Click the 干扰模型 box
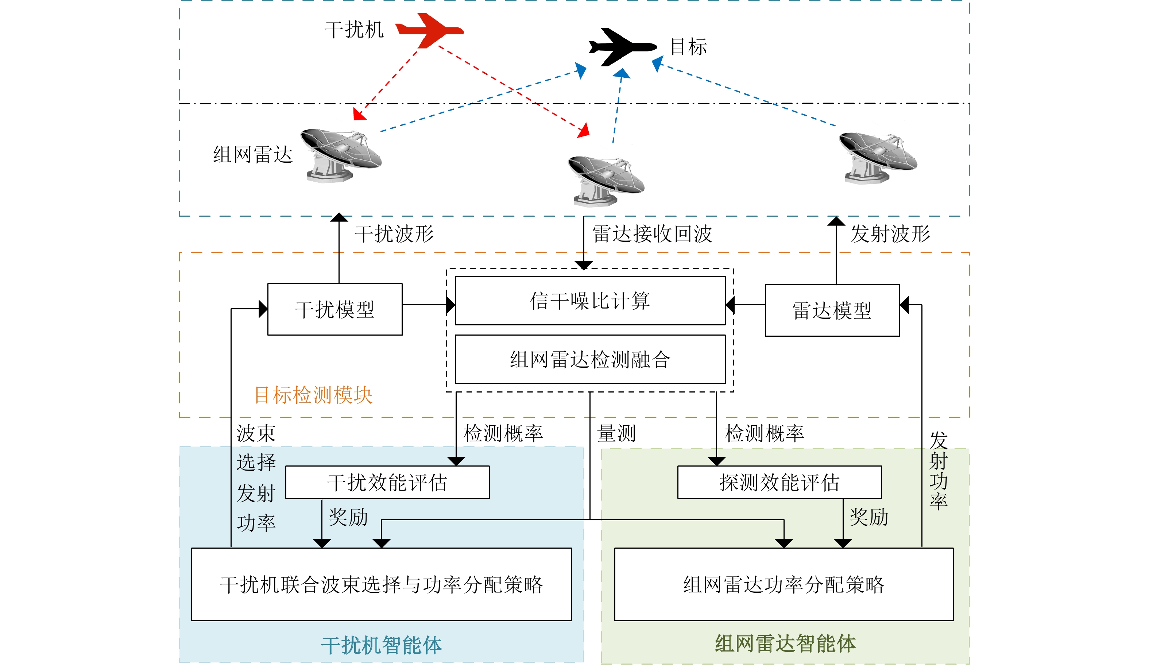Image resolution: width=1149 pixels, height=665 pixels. click(x=335, y=309)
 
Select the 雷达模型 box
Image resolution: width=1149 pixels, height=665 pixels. click(x=832, y=310)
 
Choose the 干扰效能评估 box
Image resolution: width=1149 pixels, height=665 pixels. click(x=387, y=482)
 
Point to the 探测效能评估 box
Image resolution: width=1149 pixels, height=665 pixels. click(x=779, y=482)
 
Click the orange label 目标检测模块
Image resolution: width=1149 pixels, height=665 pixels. click(x=313, y=395)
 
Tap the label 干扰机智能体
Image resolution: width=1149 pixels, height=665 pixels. click(x=381, y=645)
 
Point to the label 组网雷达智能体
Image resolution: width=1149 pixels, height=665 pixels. click(x=785, y=643)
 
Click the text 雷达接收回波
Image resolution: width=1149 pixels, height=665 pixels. click(x=652, y=233)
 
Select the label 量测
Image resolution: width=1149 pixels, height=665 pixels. click(x=616, y=433)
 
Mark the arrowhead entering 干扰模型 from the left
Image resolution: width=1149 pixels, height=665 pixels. click(x=263, y=309)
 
